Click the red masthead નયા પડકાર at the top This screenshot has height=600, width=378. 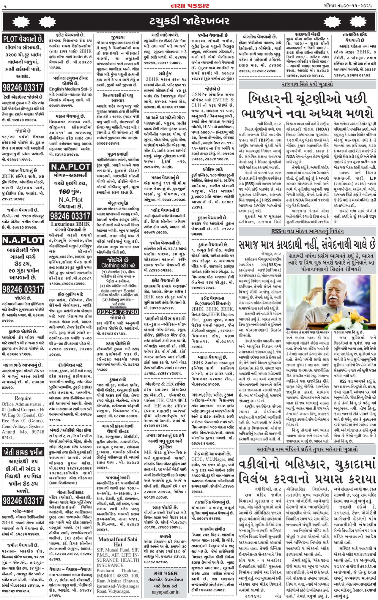tap(190, 6)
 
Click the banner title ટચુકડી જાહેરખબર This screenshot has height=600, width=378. tap(189, 21)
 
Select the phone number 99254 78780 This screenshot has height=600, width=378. tap(118, 312)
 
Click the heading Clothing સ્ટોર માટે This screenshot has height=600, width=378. tap(118, 265)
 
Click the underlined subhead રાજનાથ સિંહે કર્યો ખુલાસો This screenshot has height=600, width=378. tap(307, 84)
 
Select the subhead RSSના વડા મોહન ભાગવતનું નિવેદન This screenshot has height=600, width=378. tap(307, 231)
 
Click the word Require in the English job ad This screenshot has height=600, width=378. tap(23, 398)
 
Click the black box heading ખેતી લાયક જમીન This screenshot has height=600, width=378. tap(23, 453)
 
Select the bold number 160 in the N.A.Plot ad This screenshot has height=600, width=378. tap(64, 191)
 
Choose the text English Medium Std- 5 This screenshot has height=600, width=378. tap(70, 89)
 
